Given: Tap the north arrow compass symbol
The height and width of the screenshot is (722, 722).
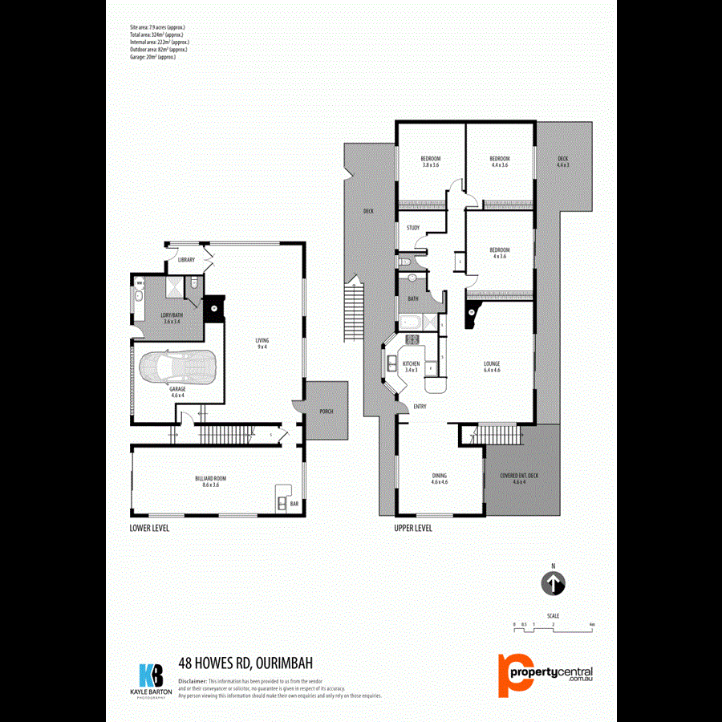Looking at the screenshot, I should pos(554,583).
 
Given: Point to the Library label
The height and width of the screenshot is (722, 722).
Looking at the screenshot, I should pos(187,260).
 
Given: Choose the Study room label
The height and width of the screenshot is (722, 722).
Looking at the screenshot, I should pos(413,228).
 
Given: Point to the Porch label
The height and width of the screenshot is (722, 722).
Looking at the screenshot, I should pos(326,412).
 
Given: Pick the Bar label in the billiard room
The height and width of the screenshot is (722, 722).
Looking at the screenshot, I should pos(294,505).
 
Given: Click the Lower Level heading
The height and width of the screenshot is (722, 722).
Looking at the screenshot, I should pos(149,528).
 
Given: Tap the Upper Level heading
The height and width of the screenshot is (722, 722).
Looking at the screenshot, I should pos(413,528).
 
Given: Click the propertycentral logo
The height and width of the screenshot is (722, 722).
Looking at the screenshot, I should pos(546,672).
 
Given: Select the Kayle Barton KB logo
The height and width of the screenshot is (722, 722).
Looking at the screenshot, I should pos(150,679).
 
